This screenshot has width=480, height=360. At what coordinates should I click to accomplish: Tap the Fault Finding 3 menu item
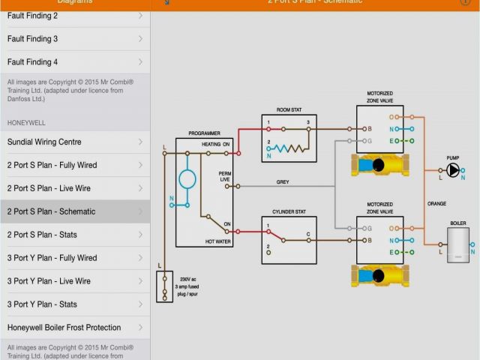click(33, 39)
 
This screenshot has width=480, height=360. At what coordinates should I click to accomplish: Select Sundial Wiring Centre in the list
click(44, 142)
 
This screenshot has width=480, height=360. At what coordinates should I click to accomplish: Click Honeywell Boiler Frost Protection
click(64, 328)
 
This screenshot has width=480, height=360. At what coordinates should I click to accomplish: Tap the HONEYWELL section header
click(26, 121)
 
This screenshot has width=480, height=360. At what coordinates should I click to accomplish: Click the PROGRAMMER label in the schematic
click(204, 133)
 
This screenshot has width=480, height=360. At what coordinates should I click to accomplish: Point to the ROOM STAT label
click(289, 109)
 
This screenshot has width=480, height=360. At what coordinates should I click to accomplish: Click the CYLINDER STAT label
click(289, 211)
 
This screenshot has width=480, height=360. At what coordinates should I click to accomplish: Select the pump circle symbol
click(453, 170)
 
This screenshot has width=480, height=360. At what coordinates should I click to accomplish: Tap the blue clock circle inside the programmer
click(187, 178)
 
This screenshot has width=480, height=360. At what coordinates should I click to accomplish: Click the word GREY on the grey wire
click(283, 181)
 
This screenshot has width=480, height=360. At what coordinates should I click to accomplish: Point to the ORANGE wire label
click(436, 204)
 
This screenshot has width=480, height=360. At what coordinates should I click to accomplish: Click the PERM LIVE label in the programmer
click(224, 176)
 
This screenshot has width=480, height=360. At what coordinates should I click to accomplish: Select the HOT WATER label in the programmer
click(219, 241)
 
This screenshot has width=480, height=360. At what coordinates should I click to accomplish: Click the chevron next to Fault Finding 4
click(141, 62)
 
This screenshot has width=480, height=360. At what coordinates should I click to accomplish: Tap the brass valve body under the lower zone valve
click(379, 276)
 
